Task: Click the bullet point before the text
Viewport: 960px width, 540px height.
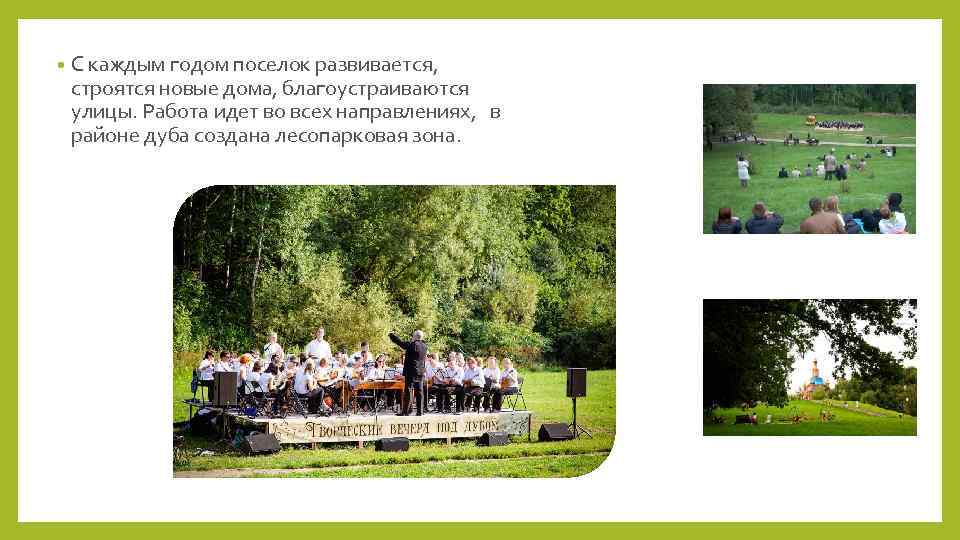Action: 61,66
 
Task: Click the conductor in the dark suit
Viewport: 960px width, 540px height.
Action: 412,370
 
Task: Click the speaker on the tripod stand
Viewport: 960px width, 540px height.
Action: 576,382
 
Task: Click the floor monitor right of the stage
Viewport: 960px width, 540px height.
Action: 555,431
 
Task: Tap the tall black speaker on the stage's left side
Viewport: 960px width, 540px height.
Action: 226,388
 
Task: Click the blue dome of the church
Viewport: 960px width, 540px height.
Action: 817,366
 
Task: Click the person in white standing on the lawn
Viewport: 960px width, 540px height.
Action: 742,170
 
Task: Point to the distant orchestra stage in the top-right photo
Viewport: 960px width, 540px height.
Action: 838,125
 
